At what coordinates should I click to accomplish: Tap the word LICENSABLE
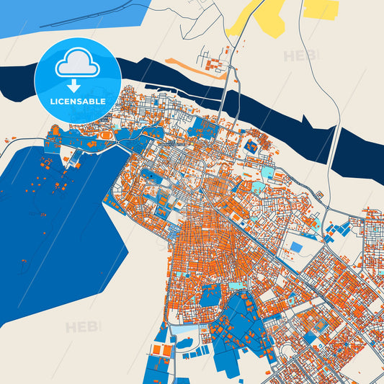click(77, 101)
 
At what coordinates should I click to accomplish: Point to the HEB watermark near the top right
click(300, 55)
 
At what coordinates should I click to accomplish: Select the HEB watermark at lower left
click(81, 327)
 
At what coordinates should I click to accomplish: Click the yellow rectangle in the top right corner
click(321, 9)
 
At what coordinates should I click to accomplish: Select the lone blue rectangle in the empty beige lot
click(296, 247)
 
